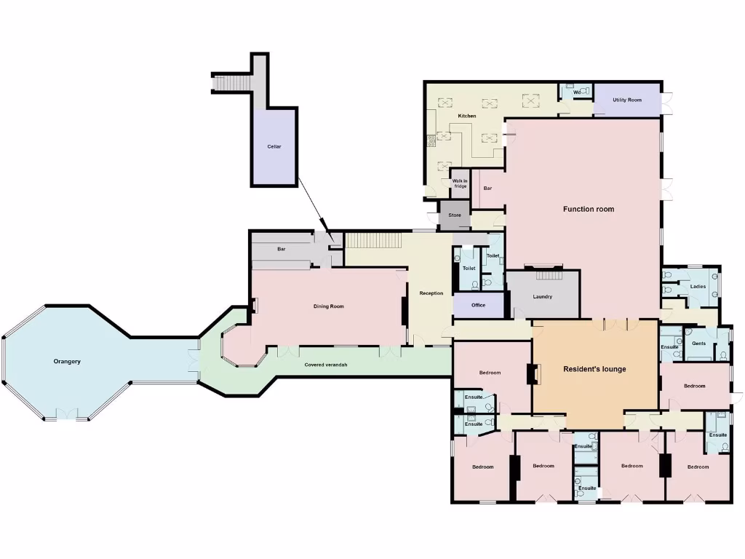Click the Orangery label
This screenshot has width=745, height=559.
pos(66,361)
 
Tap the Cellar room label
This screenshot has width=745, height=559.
pos(274,146)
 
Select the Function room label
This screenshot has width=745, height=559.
pos(589,209)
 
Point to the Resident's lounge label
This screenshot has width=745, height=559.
pos(594,369)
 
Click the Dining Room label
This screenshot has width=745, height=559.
pos(328,306)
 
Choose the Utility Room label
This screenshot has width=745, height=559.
pos(627,100)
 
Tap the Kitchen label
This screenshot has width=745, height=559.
pos(467,116)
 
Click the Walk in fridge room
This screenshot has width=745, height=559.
pos(460,183)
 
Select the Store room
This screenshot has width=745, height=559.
pos(455,215)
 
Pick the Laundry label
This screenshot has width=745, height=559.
pos(542,296)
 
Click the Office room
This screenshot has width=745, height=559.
pos(478,305)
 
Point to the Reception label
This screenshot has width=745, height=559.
pos(431,293)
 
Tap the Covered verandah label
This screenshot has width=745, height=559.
pos(326,364)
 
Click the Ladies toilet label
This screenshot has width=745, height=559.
pos(698,286)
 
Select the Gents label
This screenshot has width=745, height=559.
pos(698,344)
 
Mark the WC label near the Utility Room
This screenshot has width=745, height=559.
pos(577,92)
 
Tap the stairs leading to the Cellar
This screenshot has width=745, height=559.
pos(231,84)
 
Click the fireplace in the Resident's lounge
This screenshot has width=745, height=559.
pos(537,373)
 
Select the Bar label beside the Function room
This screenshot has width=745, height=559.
pos(488,188)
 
